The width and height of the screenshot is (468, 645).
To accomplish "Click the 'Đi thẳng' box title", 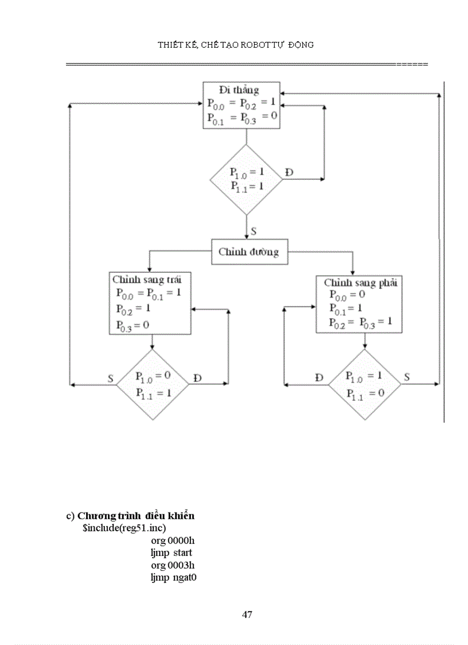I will pyautogui.click(x=239, y=90).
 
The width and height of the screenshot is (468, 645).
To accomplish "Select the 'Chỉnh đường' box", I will pyautogui.click(x=249, y=252).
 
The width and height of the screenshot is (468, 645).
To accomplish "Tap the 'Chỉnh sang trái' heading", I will pyautogui.click(x=151, y=280).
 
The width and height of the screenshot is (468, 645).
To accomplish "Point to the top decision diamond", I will pyautogui.click(x=247, y=179).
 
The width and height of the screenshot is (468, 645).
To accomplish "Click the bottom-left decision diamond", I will pyautogui.click(x=153, y=384).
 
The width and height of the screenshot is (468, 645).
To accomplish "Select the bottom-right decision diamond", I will pyautogui.click(x=364, y=384).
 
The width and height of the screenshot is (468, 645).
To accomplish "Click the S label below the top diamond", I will pyautogui.click(x=253, y=231).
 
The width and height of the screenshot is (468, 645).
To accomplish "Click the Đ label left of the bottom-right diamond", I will pyautogui.click(x=319, y=377).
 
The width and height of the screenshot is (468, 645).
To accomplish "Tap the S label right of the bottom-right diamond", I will pyautogui.click(x=407, y=377).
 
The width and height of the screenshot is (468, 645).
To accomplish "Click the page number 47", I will pyautogui.click(x=247, y=615).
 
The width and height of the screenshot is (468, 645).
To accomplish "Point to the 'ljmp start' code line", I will pyautogui.click(x=171, y=553).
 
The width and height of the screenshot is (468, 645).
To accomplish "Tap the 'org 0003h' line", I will pyautogui.click(x=173, y=565).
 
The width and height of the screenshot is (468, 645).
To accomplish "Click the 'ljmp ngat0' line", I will pyautogui.click(x=173, y=577).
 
